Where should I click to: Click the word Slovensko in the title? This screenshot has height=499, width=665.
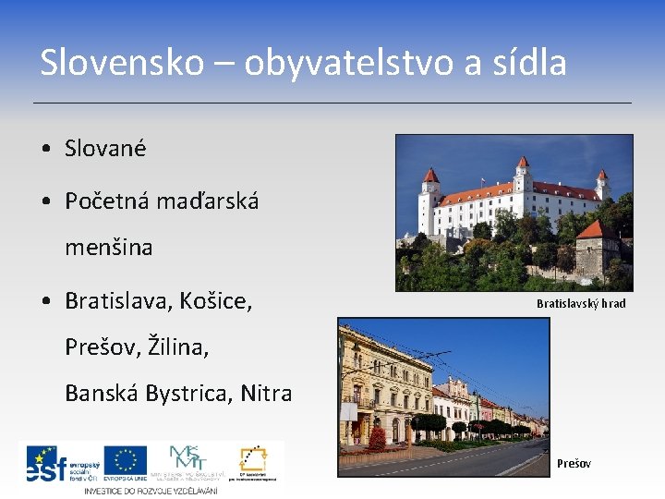point(120,63)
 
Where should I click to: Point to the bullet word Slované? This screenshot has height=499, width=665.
point(105,148)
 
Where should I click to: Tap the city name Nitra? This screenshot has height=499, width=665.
point(266,393)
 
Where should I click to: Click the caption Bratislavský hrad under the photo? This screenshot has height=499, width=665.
point(581,303)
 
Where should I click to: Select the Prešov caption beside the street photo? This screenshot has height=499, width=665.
point(574,463)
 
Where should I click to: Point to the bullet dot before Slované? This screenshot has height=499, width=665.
point(45,149)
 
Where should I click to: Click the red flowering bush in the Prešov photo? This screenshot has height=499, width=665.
point(376,437)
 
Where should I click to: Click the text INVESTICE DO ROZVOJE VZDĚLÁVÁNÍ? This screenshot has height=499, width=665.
point(151,490)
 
